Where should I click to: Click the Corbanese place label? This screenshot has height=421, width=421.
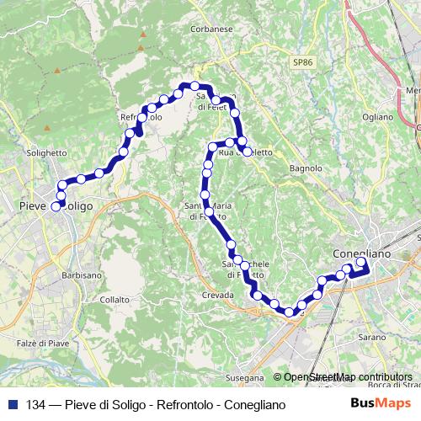pyautogui.click(x=211, y=29)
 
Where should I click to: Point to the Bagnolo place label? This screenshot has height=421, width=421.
pyautogui.click(x=306, y=168)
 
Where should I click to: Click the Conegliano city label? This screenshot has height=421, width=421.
pyautogui.click(x=362, y=253)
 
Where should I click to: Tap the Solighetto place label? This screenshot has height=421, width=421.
pyautogui.click(x=45, y=152)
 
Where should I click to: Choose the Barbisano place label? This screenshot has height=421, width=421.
pyautogui.click(x=82, y=275)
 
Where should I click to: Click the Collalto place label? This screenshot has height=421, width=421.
pyautogui.click(x=115, y=299)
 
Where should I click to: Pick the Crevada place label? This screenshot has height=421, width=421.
pyautogui.click(x=216, y=296)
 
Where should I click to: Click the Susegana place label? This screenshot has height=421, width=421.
pyautogui.click(x=245, y=378)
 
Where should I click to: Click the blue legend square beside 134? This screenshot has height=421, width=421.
pyautogui.click(x=13, y=404)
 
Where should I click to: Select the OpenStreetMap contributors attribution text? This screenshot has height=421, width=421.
pyautogui.click(x=343, y=377)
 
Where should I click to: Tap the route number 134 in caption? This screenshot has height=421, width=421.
pyautogui.click(x=36, y=405)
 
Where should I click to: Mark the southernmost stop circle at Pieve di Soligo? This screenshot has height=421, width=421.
pyautogui.click(x=56, y=205)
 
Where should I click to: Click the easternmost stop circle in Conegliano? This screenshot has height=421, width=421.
pyautogui.click(x=361, y=262)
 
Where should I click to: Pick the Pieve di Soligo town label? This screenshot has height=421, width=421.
pyautogui.click(x=56, y=205)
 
